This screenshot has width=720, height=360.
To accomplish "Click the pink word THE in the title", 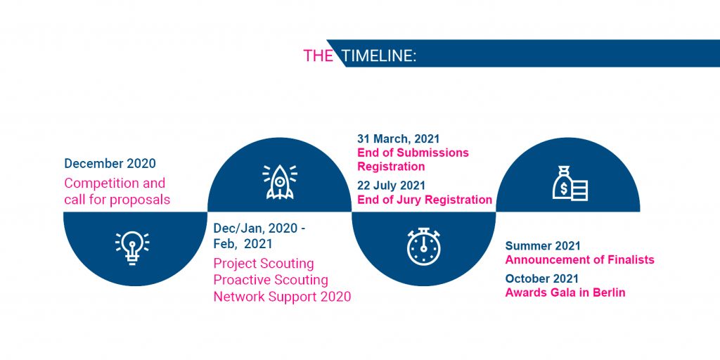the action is pyautogui.click(x=319, y=56).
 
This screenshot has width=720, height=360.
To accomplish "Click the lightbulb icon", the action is pyautogui.click(x=132, y=247).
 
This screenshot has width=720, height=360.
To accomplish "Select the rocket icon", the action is pyautogui.click(x=280, y=181).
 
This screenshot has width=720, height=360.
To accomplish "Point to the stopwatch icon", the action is pyautogui.click(x=423, y=247).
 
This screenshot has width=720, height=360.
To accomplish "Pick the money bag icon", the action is pyautogui.click(x=570, y=183).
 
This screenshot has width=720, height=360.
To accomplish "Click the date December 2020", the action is pyautogui.click(x=110, y=163).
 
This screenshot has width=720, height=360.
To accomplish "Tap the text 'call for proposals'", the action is pyautogui.click(x=117, y=200).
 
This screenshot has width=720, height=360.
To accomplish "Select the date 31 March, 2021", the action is pyautogui.click(x=399, y=139).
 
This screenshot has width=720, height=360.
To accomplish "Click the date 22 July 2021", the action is pyautogui.click(x=391, y=186).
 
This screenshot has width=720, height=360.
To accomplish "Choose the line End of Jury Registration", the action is pyautogui.click(x=425, y=200).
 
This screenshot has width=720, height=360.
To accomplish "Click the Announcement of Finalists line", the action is pyautogui.click(x=579, y=260).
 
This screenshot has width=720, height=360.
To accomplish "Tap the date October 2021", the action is pyautogui.click(x=542, y=278).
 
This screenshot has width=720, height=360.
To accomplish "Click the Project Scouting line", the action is pyautogui.click(x=264, y=264).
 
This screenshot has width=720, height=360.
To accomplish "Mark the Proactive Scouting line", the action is pyautogui.click(x=271, y=280).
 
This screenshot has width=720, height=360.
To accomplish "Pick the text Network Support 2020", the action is pyautogui.click(x=283, y=296).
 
